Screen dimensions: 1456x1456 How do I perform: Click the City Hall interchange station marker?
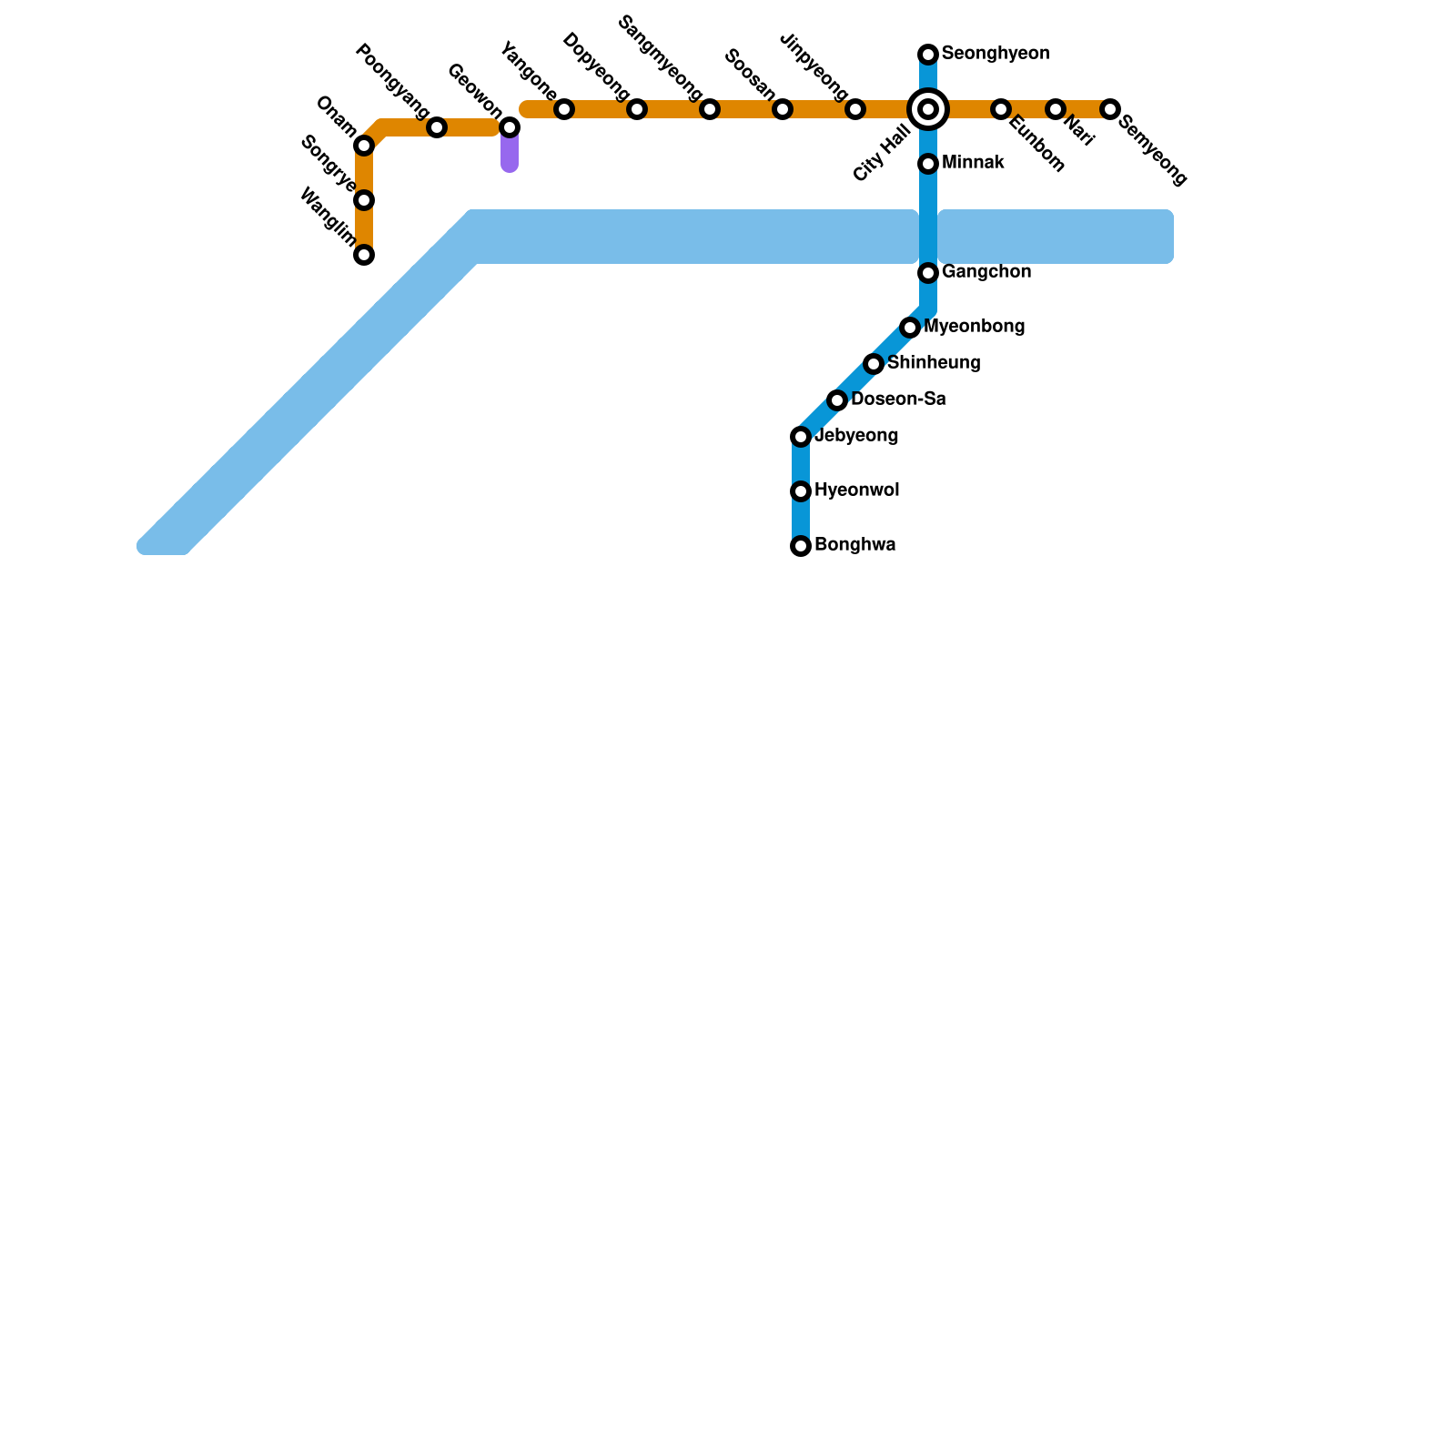(x=928, y=109)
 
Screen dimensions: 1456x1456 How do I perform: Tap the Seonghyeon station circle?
(x=928, y=55)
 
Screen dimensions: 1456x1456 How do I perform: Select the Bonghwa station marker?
(x=801, y=546)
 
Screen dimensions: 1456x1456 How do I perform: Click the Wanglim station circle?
(x=364, y=255)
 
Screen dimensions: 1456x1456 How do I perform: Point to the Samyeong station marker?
(x=1110, y=109)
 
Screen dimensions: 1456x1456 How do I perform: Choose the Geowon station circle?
(x=510, y=127)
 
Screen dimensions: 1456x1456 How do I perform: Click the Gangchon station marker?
(x=928, y=273)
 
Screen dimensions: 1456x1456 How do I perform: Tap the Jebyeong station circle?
(x=801, y=437)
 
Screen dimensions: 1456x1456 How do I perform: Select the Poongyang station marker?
(x=437, y=127)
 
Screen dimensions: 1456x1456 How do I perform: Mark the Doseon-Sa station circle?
(x=837, y=400)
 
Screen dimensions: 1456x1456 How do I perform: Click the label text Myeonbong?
(x=975, y=327)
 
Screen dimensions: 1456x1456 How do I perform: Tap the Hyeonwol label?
(x=856, y=490)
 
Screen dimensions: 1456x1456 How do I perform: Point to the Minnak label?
(x=973, y=163)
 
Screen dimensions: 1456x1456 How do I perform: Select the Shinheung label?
(x=934, y=363)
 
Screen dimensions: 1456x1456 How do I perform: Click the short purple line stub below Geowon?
(x=510, y=153)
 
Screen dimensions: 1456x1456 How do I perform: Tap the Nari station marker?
(x=1056, y=109)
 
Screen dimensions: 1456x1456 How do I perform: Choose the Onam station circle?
(x=364, y=146)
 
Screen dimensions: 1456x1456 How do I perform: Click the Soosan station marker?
(x=783, y=109)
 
